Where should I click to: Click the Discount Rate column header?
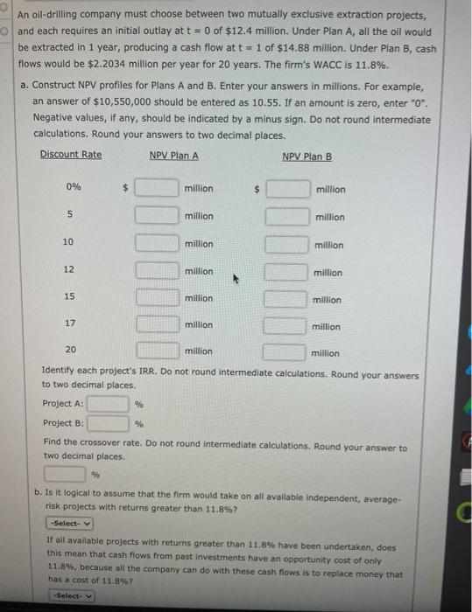coord(70,155)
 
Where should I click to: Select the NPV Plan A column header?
coord(173,155)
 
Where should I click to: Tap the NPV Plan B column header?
coord(307,156)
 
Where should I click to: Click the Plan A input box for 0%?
coord(158,188)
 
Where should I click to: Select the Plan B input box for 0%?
coord(288,189)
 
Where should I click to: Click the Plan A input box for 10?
coord(158,243)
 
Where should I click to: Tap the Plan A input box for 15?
coord(158,298)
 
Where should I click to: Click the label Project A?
coord(63,404)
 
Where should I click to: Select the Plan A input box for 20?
coord(158,351)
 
